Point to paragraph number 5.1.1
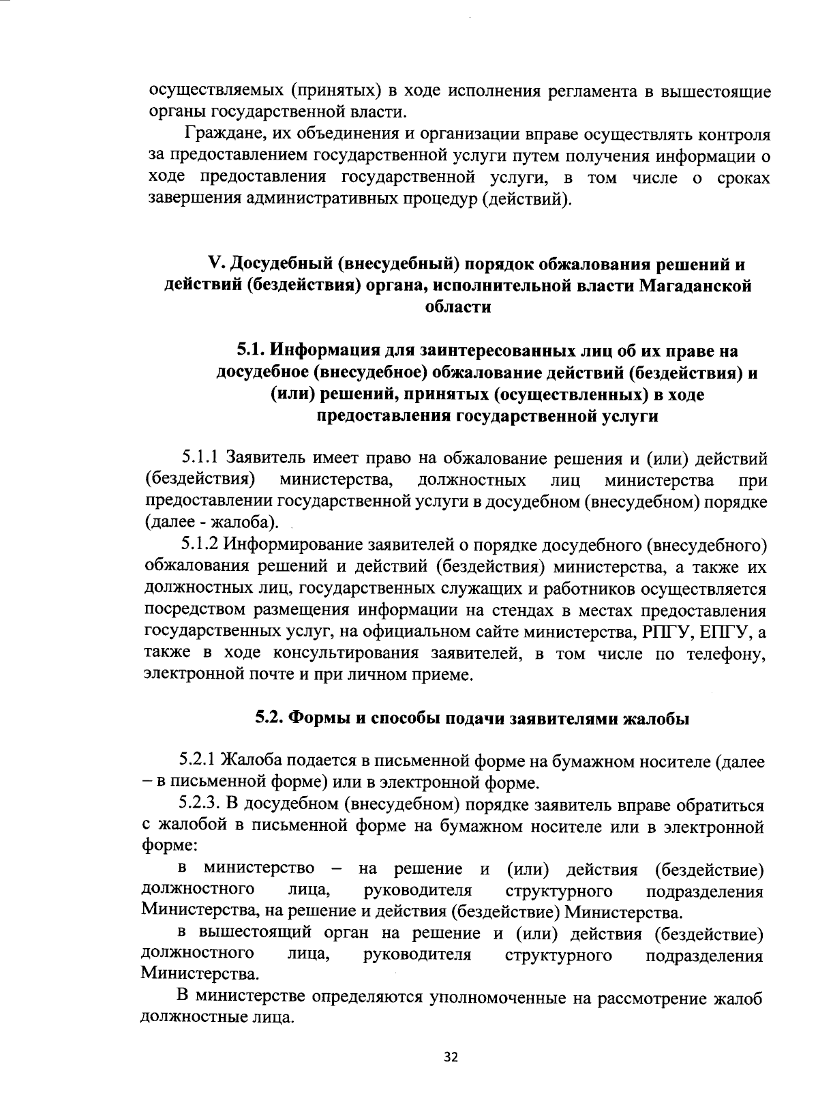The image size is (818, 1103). click(x=200, y=457)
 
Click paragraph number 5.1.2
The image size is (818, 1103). click(x=200, y=546)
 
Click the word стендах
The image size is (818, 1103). click(x=499, y=611)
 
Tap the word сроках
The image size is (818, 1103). click(x=743, y=179)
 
